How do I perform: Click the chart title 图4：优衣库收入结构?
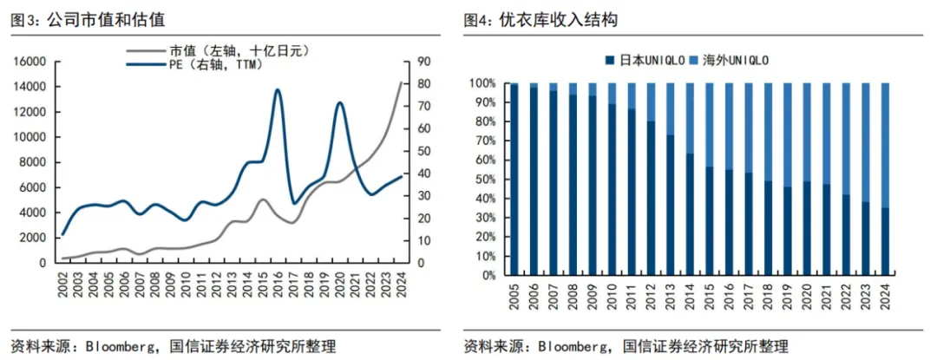(541, 21)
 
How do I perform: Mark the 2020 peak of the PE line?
(339, 103)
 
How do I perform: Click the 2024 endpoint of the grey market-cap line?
(401, 82)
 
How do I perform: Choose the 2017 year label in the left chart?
(293, 283)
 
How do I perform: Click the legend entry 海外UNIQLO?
(729, 61)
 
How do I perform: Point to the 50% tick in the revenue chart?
(484, 179)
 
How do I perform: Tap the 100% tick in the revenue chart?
(481, 83)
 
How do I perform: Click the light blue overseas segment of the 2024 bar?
(884, 145)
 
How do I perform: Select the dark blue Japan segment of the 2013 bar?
(671, 206)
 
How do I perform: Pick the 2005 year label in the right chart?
(514, 296)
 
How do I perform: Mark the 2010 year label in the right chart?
(612, 296)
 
